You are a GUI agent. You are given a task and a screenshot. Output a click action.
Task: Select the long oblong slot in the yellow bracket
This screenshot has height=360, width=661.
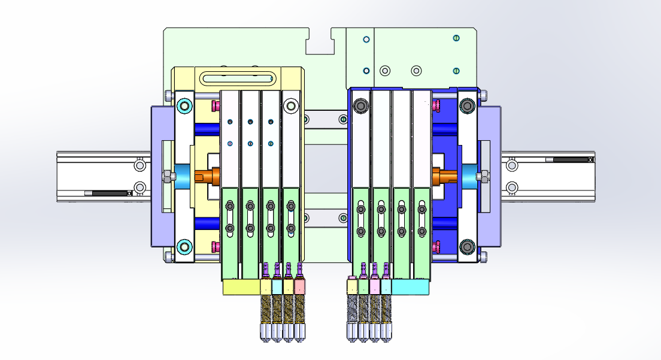[x=238, y=78]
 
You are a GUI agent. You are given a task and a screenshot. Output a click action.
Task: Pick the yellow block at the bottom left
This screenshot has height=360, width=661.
[x=241, y=288]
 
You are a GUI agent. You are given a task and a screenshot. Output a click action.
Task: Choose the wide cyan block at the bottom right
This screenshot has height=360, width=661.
[x=410, y=288]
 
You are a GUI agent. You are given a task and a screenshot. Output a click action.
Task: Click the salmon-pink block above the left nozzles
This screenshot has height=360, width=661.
[x=299, y=286]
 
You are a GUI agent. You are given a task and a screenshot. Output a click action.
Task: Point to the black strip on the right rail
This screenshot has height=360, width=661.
[x=570, y=160]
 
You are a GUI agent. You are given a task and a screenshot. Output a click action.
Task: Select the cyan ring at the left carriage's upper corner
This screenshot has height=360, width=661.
[x=184, y=107]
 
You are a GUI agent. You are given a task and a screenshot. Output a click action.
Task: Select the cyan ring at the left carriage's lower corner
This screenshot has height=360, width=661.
[x=184, y=246]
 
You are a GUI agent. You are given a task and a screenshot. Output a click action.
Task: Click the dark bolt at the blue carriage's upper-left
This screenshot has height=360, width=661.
[x=360, y=106]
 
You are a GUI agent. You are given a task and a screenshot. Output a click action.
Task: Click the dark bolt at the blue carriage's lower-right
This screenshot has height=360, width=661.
[x=467, y=246]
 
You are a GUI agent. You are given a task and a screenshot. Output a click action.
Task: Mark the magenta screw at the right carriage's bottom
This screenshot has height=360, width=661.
[x=436, y=246]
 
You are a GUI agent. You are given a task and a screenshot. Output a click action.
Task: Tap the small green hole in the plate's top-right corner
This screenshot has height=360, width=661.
[x=456, y=38]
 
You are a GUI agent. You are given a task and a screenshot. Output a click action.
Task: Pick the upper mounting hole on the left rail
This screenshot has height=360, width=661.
[x=140, y=165]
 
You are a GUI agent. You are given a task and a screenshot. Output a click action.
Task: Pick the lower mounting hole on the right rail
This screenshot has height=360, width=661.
[x=512, y=187]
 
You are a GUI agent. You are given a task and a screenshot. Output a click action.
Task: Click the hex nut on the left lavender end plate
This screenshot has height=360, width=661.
[x=166, y=177]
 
